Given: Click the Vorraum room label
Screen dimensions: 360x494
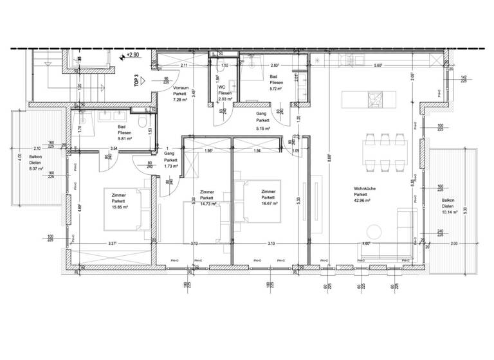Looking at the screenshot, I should [x=181, y=87].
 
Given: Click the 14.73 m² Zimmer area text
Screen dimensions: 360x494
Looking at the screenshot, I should [x=207, y=203].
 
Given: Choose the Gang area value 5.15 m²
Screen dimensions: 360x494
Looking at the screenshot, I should [x=262, y=129].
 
